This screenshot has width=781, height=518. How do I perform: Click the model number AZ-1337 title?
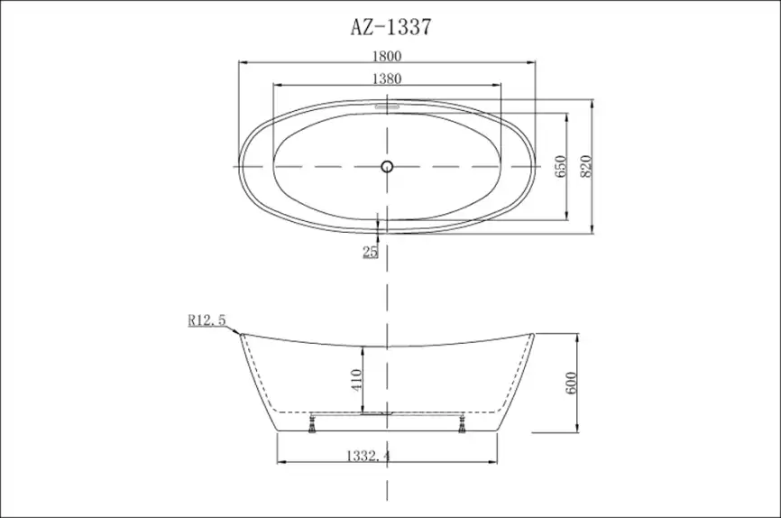point(390,27)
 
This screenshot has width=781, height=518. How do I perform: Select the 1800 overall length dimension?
point(387,55)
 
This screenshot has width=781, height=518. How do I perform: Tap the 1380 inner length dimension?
point(387,79)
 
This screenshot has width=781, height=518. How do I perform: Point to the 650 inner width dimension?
point(559,166)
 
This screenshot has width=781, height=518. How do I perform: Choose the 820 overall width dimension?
point(584,166)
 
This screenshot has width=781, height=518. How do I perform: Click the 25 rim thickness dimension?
point(370,252)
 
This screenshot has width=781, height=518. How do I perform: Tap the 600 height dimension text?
point(570,383)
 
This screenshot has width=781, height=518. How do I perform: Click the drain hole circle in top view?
point(387,166)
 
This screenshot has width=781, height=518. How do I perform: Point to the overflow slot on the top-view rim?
point(387,104)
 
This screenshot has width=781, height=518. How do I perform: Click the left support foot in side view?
point(313,424)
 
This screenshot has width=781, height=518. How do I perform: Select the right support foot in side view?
point(462,424)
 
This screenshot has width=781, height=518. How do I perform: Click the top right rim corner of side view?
point(534,334)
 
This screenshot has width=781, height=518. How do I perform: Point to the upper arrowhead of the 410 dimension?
point(362,348)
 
